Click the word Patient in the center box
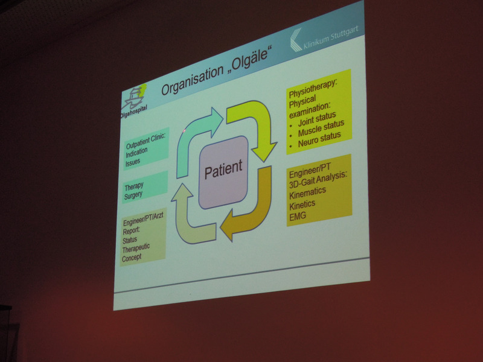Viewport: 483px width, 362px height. (223, 169)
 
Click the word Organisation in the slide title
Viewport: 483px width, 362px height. (193, 80)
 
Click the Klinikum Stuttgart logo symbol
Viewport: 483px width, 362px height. (296, 40)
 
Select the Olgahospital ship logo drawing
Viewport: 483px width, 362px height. (133, 97)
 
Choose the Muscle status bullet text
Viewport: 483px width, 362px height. (321, 129)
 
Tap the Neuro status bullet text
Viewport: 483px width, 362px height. (319, 139)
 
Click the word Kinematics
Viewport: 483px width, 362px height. (307, 192)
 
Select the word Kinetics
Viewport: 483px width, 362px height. (302, 205)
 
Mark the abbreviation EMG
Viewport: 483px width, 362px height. (298, 217)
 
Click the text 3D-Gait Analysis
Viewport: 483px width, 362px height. (318, 179)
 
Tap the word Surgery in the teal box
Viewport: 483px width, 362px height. (133, 195)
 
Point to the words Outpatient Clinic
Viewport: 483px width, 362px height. (146, 141)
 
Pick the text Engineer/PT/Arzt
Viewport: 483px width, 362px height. (143, 218)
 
